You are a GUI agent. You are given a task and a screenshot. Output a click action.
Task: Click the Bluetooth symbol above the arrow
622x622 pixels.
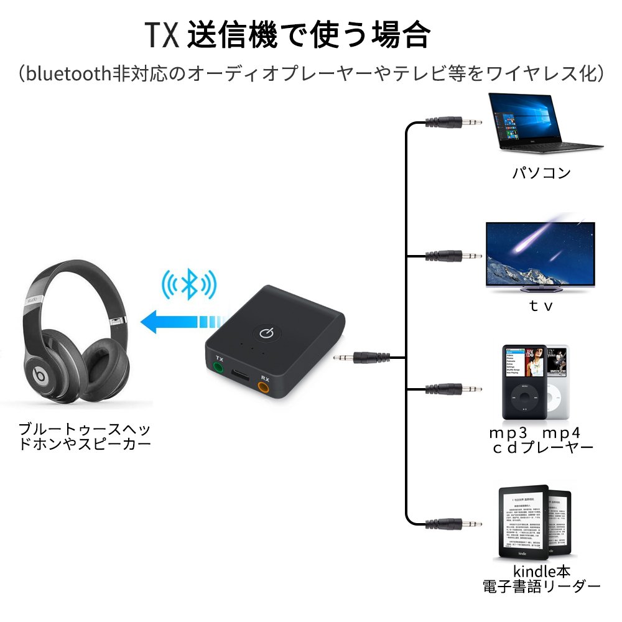(x=189, y=284)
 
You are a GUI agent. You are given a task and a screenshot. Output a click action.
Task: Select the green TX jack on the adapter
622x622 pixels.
(x=218, y=367)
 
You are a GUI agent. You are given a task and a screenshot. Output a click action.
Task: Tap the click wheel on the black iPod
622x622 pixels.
(x=524, y=398)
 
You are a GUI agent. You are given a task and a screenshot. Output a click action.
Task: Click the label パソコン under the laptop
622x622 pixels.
(x=541, y=173)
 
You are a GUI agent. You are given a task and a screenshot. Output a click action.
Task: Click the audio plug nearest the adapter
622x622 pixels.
(x=360, y=357)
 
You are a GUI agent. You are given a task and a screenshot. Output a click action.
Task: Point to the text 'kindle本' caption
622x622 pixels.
(x=541, y=570)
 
